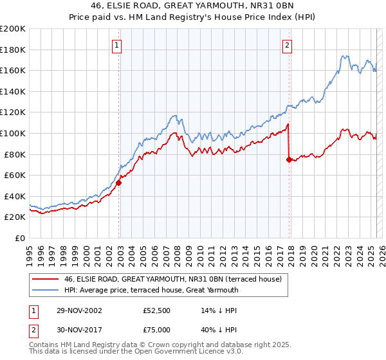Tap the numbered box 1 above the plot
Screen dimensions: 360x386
pyautogui.click(x=116, y=45)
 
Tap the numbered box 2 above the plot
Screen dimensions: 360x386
pyautogui.click(x=286, y=45)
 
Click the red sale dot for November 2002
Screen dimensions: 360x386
pyautogui.click(x=119, y=183)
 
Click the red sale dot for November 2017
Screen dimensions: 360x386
pyautogui.click(x=289, y=159)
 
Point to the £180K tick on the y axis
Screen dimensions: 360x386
pyautogui.click(x=14, y=50)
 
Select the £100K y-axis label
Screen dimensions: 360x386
pyautogui.click(x=14, y=133)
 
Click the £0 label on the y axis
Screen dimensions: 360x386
pyautogui.click(x=21, y=238)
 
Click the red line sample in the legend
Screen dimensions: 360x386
pyautogui.click(x=46, y=280)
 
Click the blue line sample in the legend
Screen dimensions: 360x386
pyautogui.click(x=46, y=290)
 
